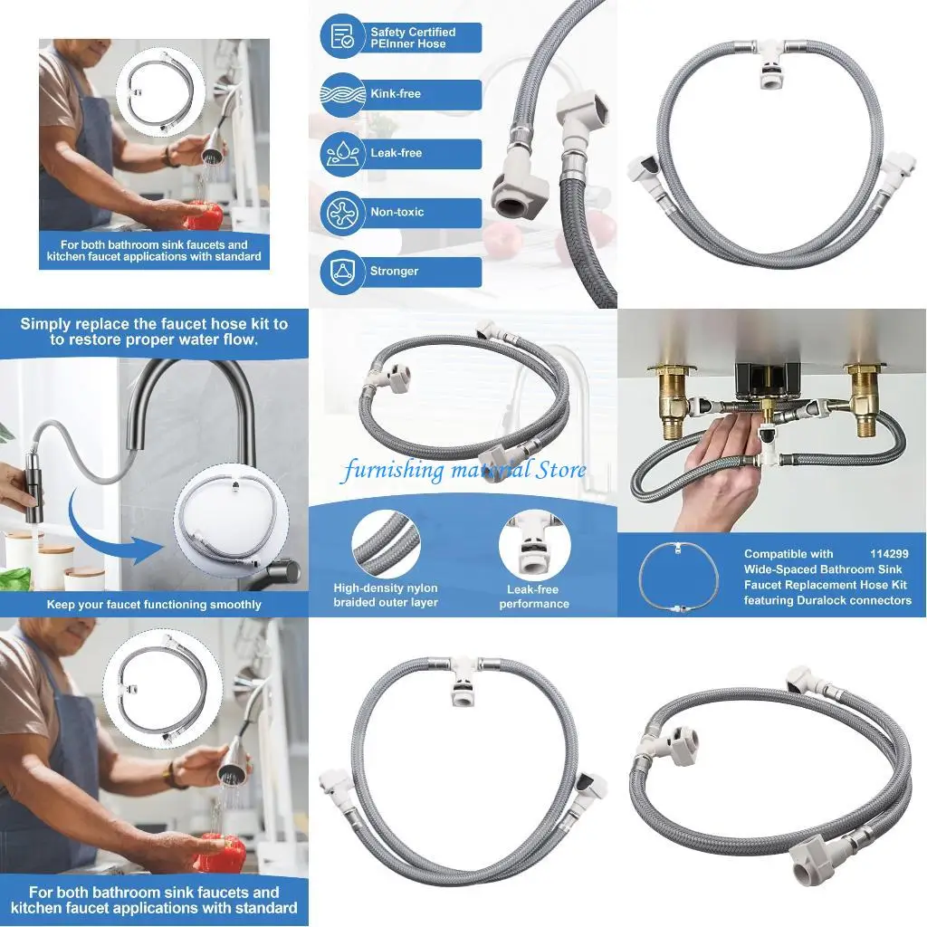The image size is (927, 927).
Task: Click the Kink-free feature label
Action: [396, 94]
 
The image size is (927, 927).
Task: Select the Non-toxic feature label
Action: [397, 213]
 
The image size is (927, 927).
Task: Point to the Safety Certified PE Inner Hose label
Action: [412, 37]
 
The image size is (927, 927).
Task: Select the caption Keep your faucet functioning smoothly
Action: [154, 605]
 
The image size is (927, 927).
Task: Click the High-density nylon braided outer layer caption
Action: [386, 596]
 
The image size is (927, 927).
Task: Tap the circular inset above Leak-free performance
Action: [533, 547]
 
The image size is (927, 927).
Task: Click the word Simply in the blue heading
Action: [53, 324]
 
